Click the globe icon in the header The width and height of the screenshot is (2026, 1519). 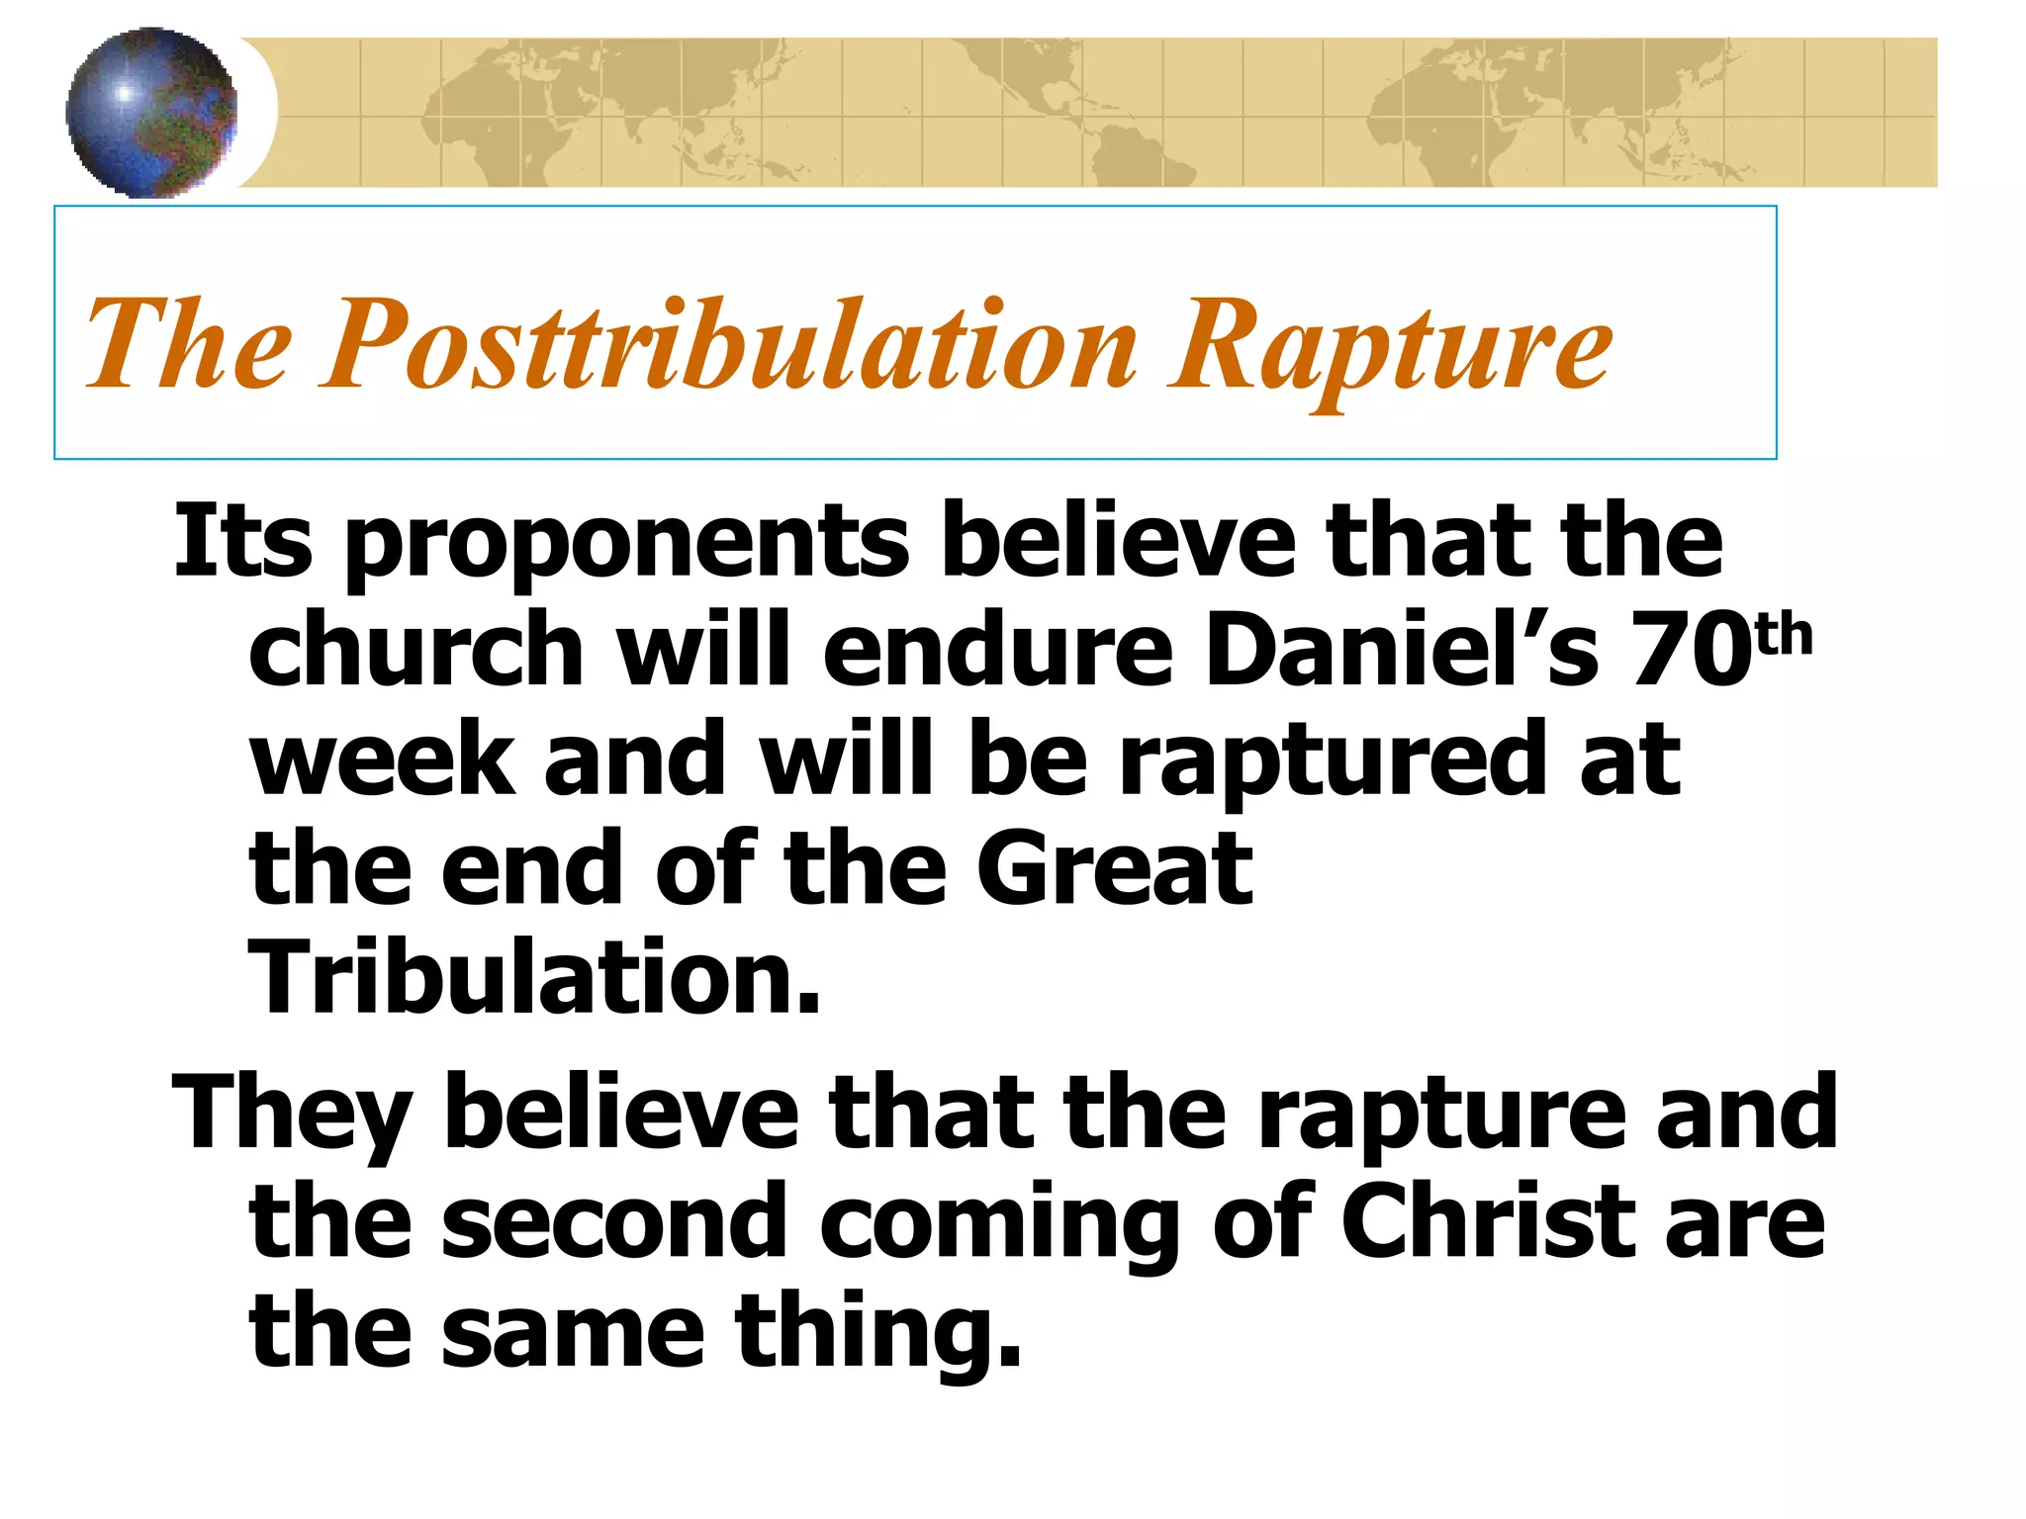(151, 112)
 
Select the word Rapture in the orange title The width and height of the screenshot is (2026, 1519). (1389, 346)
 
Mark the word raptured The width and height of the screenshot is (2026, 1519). (1332, 761)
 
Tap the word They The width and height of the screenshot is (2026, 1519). (292, 1115)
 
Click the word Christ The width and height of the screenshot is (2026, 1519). (1484, 1222)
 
